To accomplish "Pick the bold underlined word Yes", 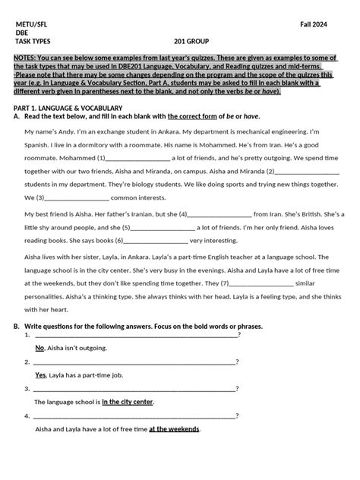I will [x=41, y=375].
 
